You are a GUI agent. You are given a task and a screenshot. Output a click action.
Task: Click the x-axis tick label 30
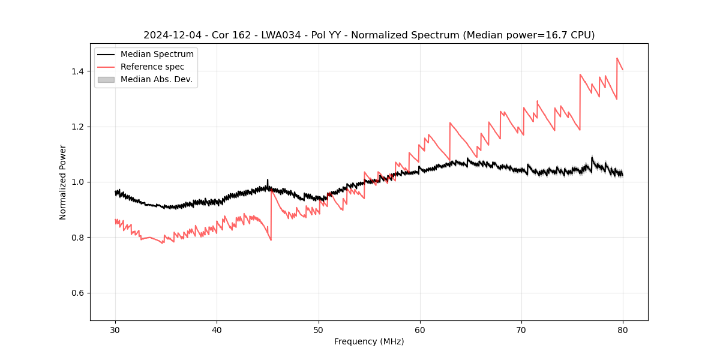coord(115,329)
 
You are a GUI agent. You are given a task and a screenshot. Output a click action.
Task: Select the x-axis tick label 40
coord(217,329)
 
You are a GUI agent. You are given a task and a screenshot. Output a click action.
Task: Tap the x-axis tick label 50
coord(318,329)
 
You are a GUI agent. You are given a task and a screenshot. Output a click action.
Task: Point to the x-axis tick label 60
coord(420,329)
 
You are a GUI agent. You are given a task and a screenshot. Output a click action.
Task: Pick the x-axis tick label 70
coord(521,329)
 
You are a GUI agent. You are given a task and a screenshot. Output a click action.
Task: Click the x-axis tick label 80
coord(623,329)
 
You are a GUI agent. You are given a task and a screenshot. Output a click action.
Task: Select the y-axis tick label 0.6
coord(79,293)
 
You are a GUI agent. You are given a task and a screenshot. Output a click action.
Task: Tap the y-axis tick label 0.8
coord(79,238)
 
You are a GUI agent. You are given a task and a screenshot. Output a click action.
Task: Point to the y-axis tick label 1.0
coord(79,182)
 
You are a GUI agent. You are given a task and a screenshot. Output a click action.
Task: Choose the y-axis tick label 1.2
coord(79,127)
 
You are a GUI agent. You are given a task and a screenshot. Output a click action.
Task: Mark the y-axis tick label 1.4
coord(79,71)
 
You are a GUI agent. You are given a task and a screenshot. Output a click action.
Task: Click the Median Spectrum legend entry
coord(157,55)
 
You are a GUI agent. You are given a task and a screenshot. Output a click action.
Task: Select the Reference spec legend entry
coord(152,67)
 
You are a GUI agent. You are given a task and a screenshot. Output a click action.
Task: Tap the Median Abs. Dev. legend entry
coord(156,79)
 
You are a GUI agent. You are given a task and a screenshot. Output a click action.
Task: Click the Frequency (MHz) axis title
coord(369,341)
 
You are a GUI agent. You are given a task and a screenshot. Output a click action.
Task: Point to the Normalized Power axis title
coord(63,182)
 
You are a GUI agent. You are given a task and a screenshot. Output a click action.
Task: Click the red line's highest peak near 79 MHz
coord(617,58)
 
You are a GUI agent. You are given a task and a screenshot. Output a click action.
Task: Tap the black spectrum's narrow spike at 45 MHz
coord(268,179)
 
